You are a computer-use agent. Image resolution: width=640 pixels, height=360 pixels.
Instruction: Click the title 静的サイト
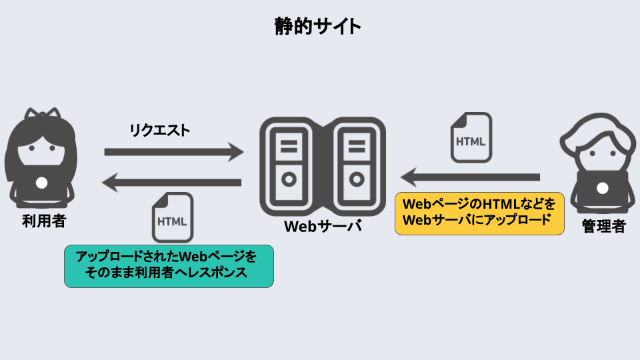click(318, 27)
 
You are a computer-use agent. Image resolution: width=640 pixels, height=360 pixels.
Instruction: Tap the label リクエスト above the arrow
click(159, 130)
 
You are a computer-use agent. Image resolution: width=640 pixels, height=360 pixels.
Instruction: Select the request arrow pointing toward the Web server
click(173, 153)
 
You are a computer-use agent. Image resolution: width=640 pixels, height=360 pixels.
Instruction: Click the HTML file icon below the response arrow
click(173, 217)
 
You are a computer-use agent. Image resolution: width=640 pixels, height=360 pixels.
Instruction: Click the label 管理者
click(603, 226)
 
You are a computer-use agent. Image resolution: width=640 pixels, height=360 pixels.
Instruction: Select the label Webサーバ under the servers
click(323, 226)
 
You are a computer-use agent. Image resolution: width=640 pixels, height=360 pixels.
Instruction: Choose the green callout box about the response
click(169, 265)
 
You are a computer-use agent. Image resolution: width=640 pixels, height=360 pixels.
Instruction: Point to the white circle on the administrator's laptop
click(603, 188)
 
